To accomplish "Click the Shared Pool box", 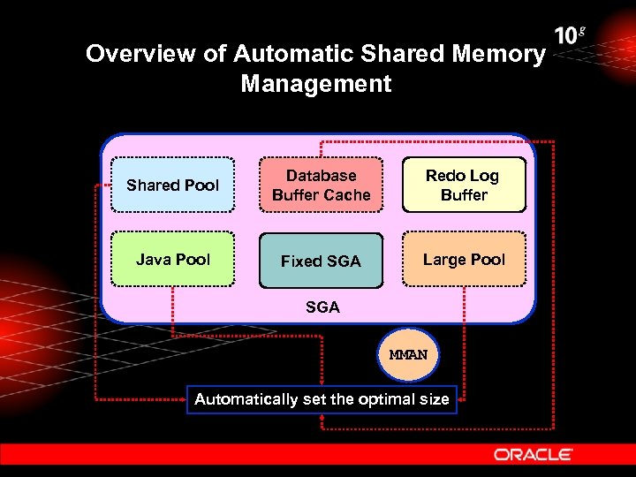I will (x=172, y=185).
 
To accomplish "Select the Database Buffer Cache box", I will (x=321, y=185).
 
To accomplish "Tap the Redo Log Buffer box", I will (x=464, y=185).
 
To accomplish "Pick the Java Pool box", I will (x=172, y=260).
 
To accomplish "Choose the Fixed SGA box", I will (x=321, y=261).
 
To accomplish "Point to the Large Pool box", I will (x=464, y=260).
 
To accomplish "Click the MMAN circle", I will (x=407, y=354).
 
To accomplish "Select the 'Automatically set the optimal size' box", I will (x=322, y=399).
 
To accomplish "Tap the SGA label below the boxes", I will (x=322, y=307).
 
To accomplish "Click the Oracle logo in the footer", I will (x=534, y=454).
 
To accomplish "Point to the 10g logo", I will (x=569, y=36).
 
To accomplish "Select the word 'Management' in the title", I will (x=315, y=84).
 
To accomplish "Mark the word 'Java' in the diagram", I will (x=153, y=260).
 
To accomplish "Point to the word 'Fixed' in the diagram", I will (x=300, y=261).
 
